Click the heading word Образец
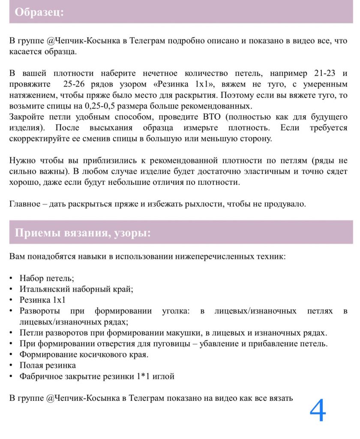coord(39,12)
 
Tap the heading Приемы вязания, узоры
coord(83,233)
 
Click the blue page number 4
coord(318,411)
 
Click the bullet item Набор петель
coord(47,278)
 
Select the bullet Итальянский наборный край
coord(76,289)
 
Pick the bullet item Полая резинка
coord(48,365)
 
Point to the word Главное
coord(25,204)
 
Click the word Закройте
coord(26,117)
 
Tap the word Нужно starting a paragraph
coord(21,161)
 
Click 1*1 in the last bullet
coord(144,376)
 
